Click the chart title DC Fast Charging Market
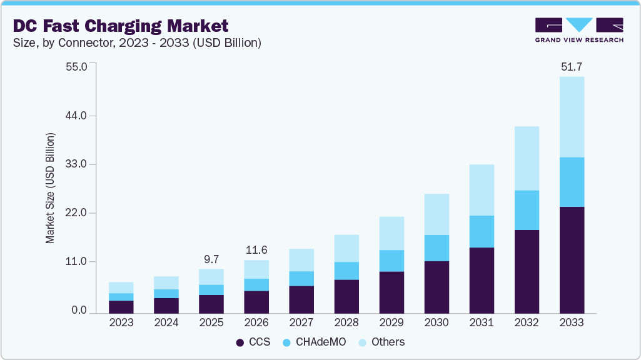tap(119, 26)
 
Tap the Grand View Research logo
tap(579, 29)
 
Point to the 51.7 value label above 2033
tap(572, 67)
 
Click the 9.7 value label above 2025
tap(211, 259)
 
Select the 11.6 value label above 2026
tap(256, 250)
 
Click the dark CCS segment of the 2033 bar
tap(572, 259)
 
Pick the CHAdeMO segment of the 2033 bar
tap(572, 182)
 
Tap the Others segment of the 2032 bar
tap(527, 158)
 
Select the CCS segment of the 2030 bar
tap(437, 287)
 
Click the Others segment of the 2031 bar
tap(482, 190)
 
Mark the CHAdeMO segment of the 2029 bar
tap(391, 261)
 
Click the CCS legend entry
tap(253, 342)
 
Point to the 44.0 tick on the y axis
tap(79, 116)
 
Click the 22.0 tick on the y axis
tap(79, 213)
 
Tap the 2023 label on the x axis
tap(121, 322)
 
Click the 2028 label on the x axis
tap(346, 322)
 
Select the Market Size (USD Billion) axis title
tap(50, 188)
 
